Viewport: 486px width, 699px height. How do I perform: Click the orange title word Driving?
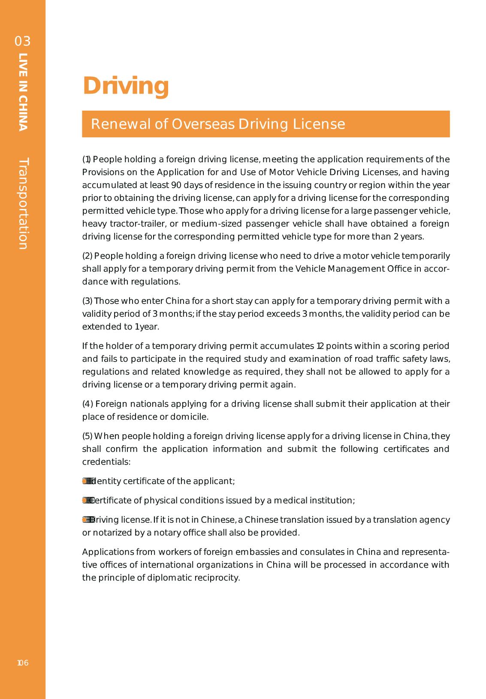126,86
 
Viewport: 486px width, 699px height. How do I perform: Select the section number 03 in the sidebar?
23,42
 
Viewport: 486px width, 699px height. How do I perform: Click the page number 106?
23,663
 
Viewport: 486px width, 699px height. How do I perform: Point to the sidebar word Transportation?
23,203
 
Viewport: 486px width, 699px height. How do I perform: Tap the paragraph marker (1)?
86,160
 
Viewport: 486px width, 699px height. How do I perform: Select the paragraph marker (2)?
87,256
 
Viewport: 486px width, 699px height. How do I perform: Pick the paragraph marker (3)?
87,301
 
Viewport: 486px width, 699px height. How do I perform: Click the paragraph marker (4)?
88,404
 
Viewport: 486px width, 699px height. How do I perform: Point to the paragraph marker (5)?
87,436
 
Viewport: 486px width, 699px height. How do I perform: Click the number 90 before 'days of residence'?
176,185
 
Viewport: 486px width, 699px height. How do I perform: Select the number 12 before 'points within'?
320,346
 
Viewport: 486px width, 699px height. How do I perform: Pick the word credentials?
106,462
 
